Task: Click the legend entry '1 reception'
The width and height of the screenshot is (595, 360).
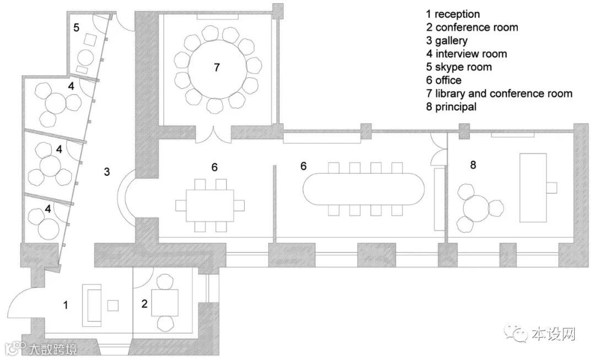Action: pos(452,14)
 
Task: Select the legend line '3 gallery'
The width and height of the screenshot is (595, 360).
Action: pos(447,41)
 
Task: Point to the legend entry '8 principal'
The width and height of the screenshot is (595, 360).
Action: pos(451,107)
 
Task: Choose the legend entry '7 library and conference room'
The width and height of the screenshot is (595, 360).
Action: pos(499,94)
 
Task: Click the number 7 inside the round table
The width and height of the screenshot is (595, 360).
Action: pos(217,67)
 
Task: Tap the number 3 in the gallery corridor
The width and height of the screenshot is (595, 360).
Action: pos(107,172)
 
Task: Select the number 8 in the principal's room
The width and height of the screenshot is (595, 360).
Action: pos(473,165)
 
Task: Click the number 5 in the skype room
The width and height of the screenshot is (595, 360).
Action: pos(77,26)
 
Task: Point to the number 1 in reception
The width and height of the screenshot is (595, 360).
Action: pos(66,304)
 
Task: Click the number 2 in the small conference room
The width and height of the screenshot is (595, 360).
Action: pos(144,303)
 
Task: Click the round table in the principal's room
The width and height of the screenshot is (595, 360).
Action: pos(475,208)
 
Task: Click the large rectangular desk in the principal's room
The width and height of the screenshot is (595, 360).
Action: pos(533,187)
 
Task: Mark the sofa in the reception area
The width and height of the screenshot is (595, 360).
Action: pos(91,304)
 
